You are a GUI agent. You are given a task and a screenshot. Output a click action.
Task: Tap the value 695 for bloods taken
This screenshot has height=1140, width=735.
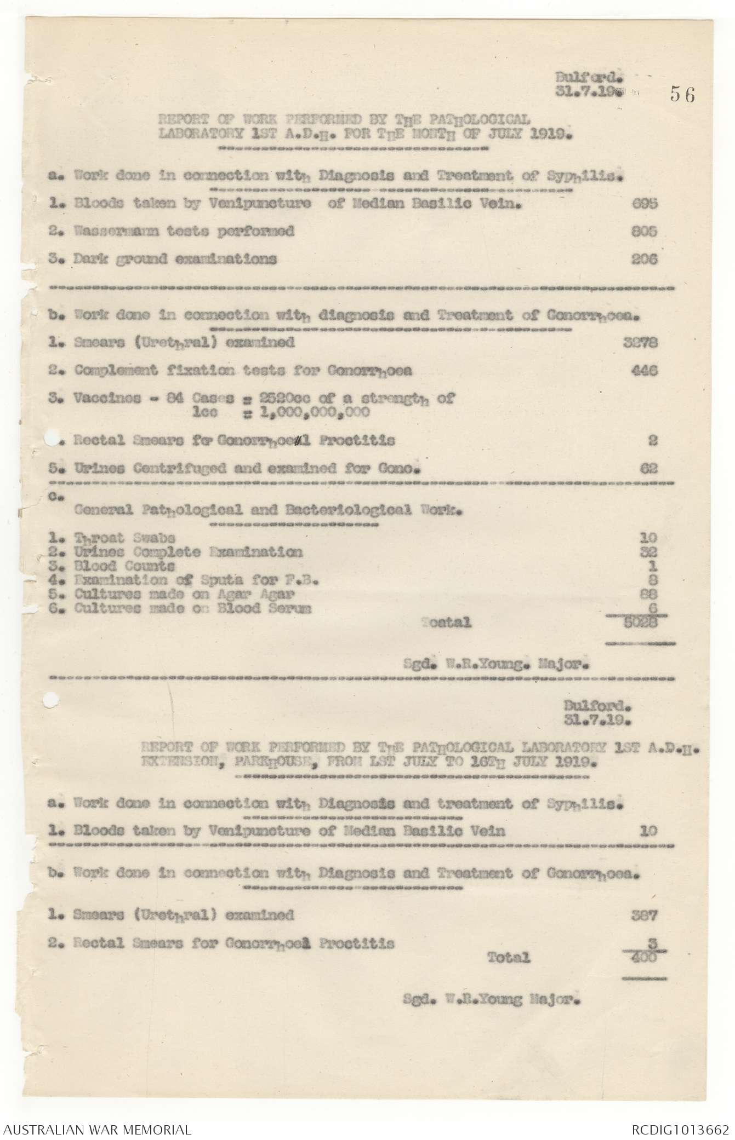point(645,204)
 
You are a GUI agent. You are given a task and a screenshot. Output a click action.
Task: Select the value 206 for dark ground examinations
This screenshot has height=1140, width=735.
point(645,259)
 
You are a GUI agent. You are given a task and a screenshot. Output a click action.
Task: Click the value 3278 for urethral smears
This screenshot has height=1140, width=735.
point(641,343)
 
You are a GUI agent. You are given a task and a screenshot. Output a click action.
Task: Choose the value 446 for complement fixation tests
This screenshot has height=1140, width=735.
point(645,371)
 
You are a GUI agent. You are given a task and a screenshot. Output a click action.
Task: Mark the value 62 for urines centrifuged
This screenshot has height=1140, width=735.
point(648,468)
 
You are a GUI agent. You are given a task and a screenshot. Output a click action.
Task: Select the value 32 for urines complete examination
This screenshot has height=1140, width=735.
point(648,552)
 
